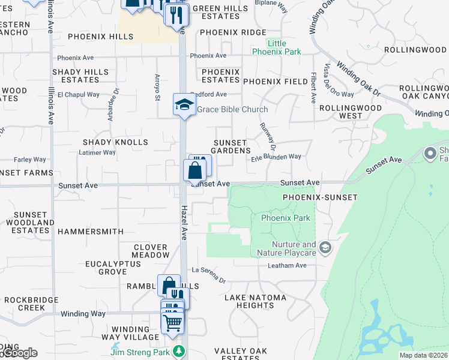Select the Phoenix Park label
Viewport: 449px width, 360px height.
pyautogui.click(x=286, y=218)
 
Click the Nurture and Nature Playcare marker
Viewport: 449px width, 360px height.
pyautogui.click(x=325, y=247)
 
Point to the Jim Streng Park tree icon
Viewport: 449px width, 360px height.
pyautogui.click(x=178, y=351)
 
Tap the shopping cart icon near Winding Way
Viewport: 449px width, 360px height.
pyautogui.click(x=173, y=323)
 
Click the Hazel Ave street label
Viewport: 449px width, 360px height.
pyautogui.click(x=184, y=222)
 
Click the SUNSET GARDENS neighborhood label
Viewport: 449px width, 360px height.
pyautogui.click(x=231, y=146)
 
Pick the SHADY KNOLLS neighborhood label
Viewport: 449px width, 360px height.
pyautogui.click(x=115, y=142)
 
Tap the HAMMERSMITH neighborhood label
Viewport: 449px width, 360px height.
pyautogui.click(x=91, y=231)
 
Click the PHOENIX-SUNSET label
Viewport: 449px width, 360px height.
pyautogui.click(x=320, y=197)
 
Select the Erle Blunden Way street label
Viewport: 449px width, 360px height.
pyautogui.click(x=276, y=157)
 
